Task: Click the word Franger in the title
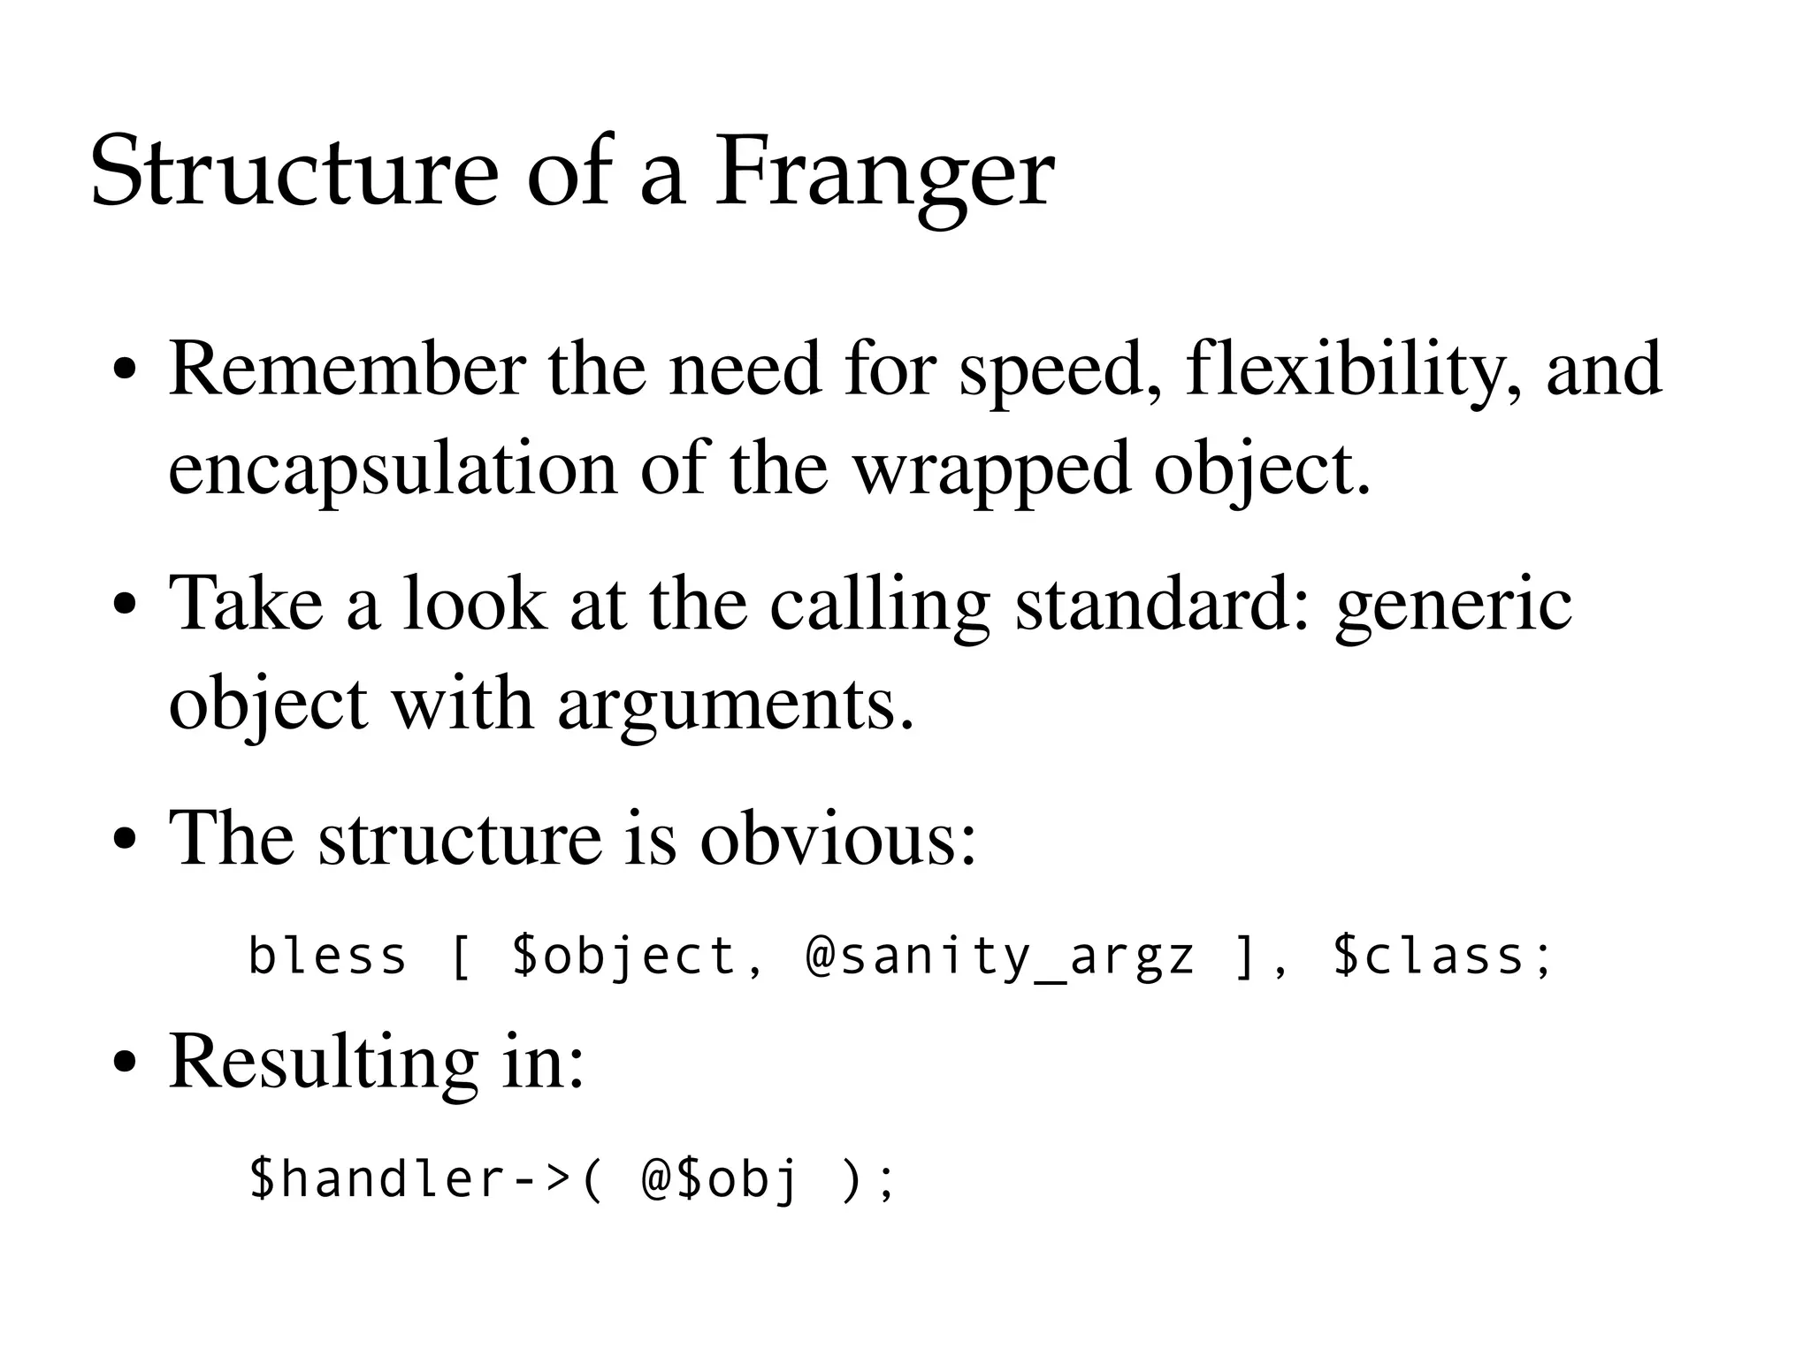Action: click(883, 172)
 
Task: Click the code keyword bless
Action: click(326, 956)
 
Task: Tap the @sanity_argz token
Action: click(999, 957)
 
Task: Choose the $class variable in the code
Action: click(1441, 956)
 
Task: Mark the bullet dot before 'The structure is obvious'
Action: click(125, 839)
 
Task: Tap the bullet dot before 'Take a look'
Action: click(125, 606)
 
